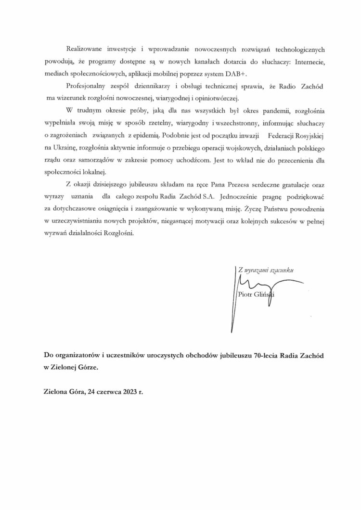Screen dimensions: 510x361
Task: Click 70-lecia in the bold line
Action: tap(260, 355)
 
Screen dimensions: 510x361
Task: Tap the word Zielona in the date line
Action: tap(56, 392)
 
